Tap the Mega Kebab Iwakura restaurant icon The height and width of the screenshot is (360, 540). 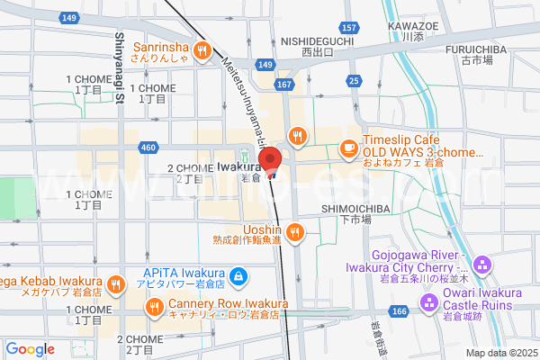pos(116,285)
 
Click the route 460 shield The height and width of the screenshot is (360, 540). pos(148,147)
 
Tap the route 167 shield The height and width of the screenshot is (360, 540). pos(285,84)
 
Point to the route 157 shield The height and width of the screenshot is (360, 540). pos(350,28)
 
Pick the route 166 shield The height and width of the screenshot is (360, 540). pos(400,310)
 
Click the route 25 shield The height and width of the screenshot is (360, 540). pos(355,82)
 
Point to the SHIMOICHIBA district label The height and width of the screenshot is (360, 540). pos(346,213)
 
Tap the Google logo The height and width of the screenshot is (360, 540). pos(30,349)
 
